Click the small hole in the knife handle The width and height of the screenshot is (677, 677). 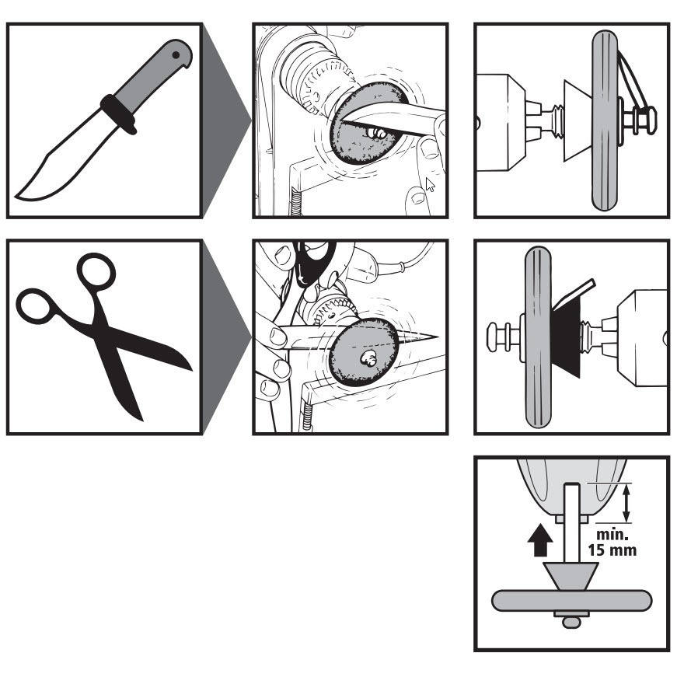click(x=178, y=55)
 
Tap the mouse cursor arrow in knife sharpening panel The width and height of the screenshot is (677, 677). click(x=430, y=185)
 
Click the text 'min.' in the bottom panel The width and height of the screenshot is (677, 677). click(x=609, y=536)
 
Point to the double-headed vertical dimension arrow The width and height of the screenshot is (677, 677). click(x=627, y=501)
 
